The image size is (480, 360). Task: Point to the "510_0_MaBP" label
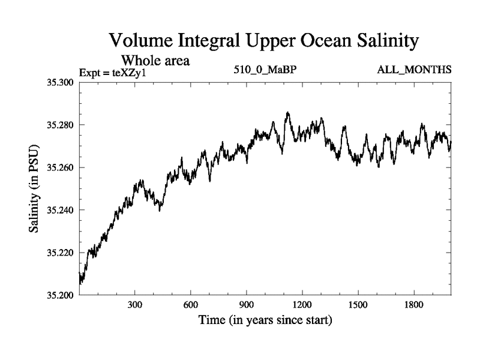(x=266, y=70)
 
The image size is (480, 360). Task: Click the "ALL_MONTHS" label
(x=414, y=70)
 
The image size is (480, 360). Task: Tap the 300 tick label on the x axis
(x=135, y=305)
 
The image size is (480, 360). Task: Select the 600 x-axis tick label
(x=191, y=305)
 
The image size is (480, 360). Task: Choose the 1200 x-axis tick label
(x=302, y=305)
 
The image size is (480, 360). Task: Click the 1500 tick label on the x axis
(x=358, y=305)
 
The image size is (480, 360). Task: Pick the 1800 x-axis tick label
(x=414, y=305)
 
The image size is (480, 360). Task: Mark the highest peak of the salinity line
(x=288, y=112)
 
